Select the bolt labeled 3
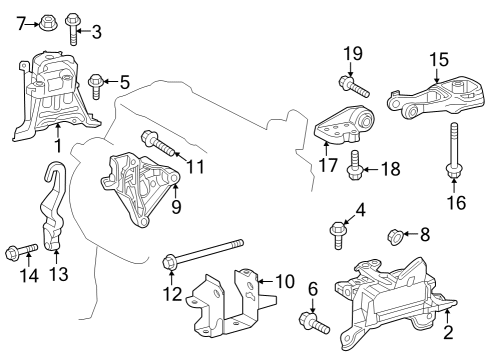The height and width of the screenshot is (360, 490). click(73, 27)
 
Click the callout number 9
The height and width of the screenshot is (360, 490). click(175, 208)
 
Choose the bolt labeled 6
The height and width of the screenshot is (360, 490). click(313, 322)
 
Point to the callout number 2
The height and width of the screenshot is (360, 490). click(447, 335)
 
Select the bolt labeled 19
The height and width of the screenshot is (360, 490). click(349, 80)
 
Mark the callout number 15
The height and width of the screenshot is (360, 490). click(438, 60)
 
